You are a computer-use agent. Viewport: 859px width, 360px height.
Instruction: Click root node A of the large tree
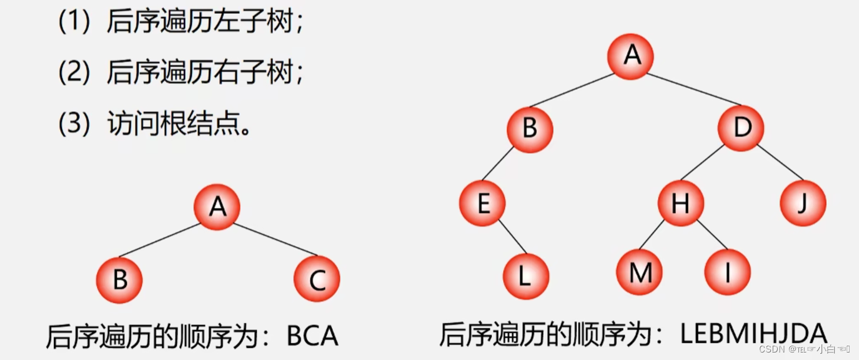tap(631, 56)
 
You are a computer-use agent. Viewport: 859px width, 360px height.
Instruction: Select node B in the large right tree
tap(530, 129)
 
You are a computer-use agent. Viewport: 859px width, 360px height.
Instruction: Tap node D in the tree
tap(741, 129)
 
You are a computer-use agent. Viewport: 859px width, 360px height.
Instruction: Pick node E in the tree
tap(482, 203)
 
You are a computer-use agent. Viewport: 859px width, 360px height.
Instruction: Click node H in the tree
tap(680, 203)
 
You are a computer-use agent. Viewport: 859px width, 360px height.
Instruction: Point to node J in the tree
tap(803, 203)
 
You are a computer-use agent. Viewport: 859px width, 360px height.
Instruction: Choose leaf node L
tap(525, 276)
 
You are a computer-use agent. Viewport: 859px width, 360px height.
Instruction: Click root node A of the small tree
tap(217, 206)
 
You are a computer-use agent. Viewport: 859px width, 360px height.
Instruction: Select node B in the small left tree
tap(119, 280)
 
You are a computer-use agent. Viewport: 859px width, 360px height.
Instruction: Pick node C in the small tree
tap(317, 280)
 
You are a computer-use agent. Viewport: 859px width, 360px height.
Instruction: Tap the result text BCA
tap(312, 336)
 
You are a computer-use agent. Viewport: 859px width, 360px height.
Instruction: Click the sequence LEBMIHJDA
tap(753, 334)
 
